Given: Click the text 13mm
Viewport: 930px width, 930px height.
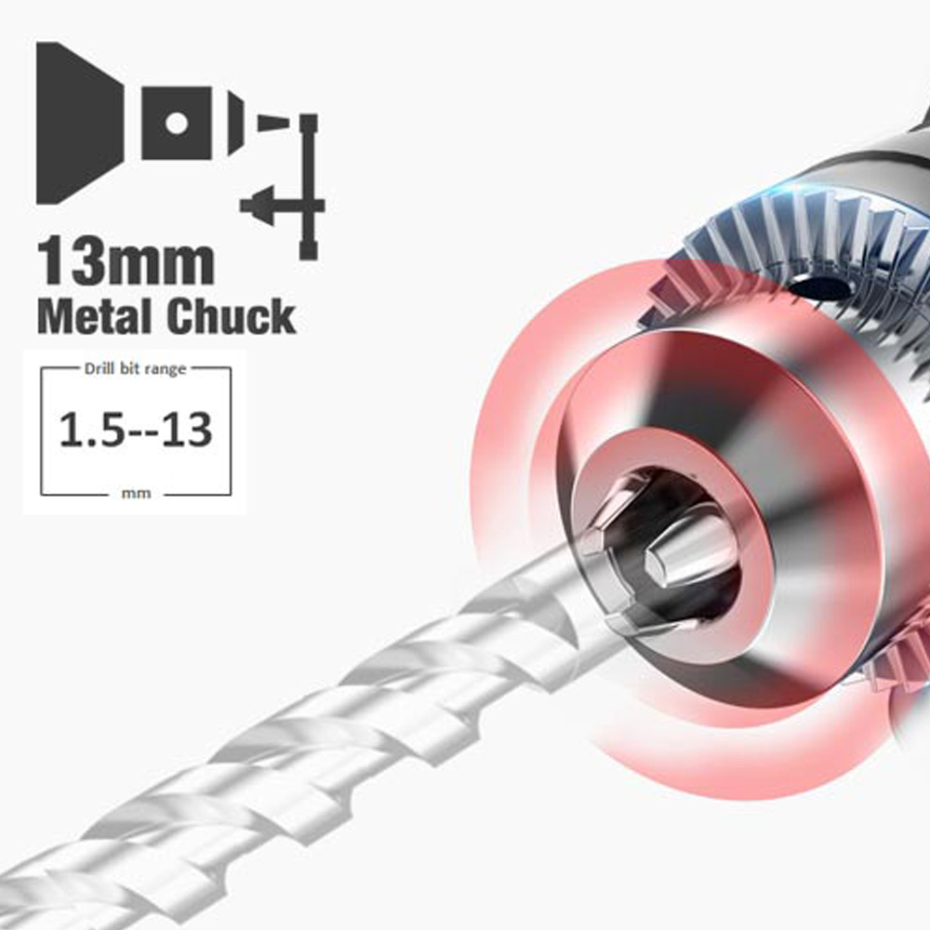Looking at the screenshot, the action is [x=126, y=261].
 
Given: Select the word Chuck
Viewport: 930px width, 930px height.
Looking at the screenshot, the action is [x=232, y=317].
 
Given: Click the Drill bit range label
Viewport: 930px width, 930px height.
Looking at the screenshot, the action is [x=135, y=369].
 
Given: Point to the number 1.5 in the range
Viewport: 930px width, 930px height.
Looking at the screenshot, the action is [x=92, y=430].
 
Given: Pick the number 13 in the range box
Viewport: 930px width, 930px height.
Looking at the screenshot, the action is [x=187, y=430].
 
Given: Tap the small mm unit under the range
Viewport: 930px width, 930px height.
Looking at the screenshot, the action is [x=136, y=494].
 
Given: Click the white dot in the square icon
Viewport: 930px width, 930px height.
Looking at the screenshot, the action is [x=177, y=123].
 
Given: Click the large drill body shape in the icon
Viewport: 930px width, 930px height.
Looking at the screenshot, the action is [x=77, y=123].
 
